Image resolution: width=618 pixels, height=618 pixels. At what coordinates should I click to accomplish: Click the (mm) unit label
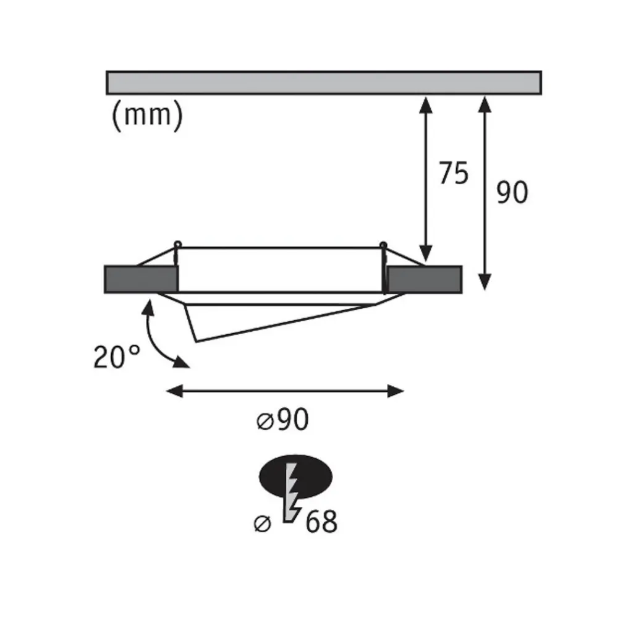click(148, 115)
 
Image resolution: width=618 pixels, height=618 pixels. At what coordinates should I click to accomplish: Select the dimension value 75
click(454, 173)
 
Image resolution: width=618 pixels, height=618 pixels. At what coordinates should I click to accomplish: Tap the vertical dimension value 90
click(512, 192)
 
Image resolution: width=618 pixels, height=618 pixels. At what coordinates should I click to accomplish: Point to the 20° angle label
click(117, 357)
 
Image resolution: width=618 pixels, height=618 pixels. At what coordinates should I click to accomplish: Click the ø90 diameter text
click(282, 420)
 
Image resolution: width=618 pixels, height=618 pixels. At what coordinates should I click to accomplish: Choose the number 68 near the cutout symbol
click(321, 522)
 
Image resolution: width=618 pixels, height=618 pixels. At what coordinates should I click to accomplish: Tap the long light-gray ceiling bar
click(324, 83)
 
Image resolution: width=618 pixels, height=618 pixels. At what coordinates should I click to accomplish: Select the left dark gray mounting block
click(141, 279)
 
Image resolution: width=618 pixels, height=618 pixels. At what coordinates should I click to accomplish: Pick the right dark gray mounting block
click(424, 279)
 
